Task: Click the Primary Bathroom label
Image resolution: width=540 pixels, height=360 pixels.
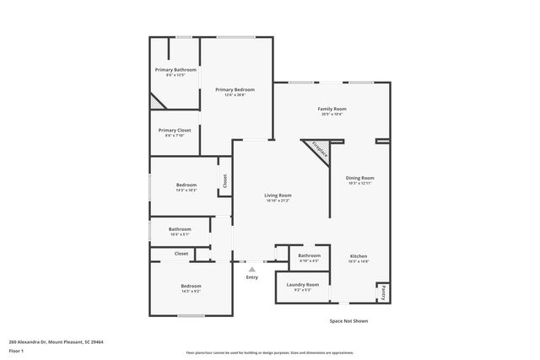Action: (x=175, y=69)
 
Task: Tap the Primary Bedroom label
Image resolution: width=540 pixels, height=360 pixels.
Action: (x=234, y=89)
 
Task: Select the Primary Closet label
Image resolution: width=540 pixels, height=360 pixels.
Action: (x=175, y=130)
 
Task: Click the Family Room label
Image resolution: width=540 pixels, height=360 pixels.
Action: (x=332, y=109)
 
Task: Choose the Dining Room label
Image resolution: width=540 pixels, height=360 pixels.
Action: (x=360, y=178)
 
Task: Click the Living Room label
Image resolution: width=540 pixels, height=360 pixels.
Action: (x=278, y=196)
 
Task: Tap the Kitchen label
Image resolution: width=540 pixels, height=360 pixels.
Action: (x=359, y=255)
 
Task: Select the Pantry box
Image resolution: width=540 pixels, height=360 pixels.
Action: (x=383, y=292)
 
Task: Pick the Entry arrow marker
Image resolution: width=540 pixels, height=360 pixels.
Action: (x=251, y=269)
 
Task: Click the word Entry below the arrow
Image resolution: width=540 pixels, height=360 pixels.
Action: (x=251, y=277)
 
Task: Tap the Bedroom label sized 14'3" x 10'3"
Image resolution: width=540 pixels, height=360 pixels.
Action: (x=186, y=185)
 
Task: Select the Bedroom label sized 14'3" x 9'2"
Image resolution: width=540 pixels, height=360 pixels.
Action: (x=191, y=286)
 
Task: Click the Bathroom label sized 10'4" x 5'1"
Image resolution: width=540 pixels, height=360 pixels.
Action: (x=179, y=228)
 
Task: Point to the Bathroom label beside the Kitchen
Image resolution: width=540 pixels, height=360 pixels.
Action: (x=309, y=255)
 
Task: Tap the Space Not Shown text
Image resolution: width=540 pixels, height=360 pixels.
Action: (x=348, y=320)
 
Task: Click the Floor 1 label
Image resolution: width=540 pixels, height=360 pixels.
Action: (x=16, y=350)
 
